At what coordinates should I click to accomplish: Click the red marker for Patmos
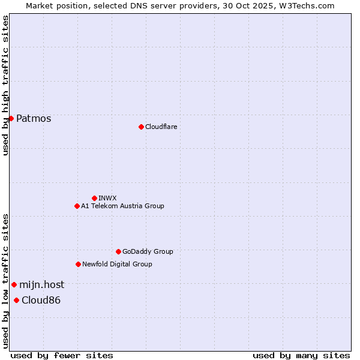coord(11,118)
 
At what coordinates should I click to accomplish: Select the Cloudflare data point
coord(141,127)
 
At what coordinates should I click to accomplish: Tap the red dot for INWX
coord(94,198)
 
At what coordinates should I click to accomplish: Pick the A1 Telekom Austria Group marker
coord(77,206)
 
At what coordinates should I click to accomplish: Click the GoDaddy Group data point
coord(118,251)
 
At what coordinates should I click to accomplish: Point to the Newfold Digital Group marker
coord(78,264)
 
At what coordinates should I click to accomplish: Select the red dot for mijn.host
coord(14,284)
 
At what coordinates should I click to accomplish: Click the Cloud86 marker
coord(16,300)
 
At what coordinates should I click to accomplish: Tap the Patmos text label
coord(34,119)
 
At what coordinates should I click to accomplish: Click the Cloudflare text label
coord(161,127)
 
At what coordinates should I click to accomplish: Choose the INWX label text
coord(107,198)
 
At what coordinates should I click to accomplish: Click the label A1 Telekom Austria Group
coord(122,206)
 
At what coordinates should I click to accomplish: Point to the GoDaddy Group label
coord(148,252)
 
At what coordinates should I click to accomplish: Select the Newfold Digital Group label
coord(117,265)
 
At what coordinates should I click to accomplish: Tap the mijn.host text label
coord(41,285)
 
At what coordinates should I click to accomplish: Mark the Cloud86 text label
coord(41,301)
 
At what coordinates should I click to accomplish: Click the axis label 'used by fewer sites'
coord(62,355)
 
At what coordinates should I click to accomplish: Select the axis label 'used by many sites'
coord(301,355)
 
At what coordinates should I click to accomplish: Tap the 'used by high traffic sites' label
coord(5,85)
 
